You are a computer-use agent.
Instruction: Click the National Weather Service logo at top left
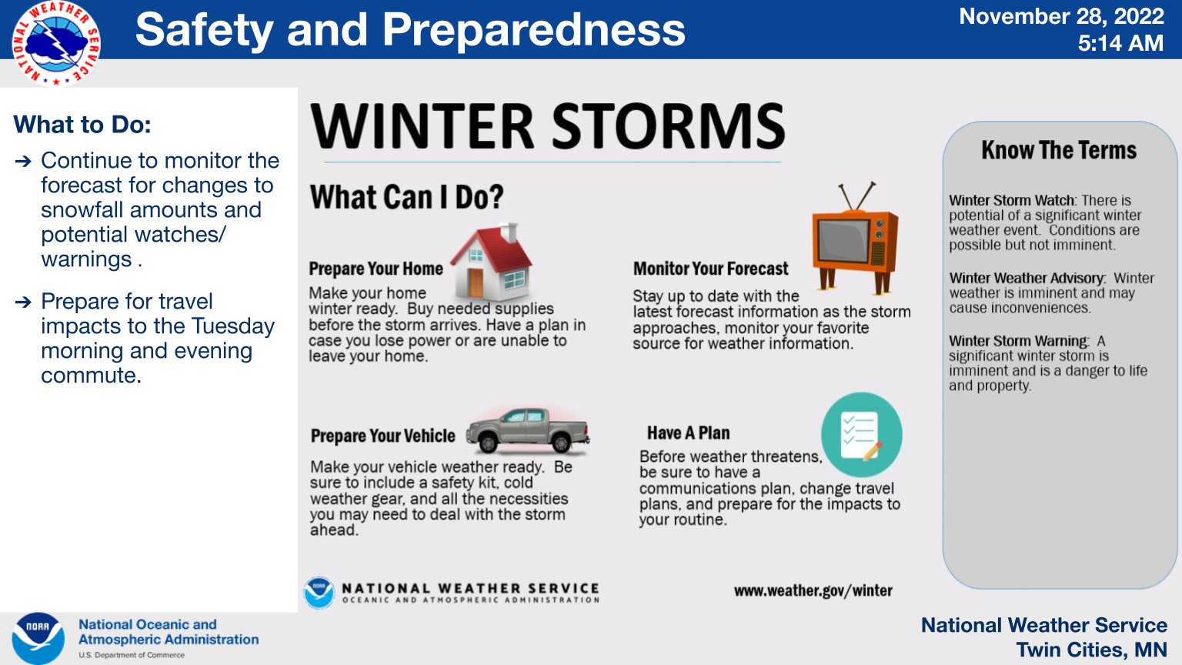click(x=55, y=43)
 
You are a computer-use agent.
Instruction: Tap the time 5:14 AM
click(x=1120, y=44)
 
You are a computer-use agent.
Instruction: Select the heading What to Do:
click(x=82, y=125)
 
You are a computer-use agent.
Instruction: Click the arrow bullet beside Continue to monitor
click(x=23, y=161)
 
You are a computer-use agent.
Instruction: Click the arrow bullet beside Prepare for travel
click(x=23, y=302)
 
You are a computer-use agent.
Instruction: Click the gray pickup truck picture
click(x=528, y=430)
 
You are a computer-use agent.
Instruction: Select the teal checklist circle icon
click(x=861, y=436)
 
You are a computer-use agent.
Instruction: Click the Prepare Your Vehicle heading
click(x=382, y=436)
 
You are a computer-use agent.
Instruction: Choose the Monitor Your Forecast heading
click(x=710, y=269)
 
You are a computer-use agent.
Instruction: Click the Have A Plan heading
click(x=688, y=433)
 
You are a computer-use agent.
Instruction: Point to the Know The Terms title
click(x=1058, y=150)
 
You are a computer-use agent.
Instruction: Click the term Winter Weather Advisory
click(x=1027, y=279)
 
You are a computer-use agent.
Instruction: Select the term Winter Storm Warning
click(x=1018, y=341)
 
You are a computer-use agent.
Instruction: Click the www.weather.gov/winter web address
click(x=813, y=591)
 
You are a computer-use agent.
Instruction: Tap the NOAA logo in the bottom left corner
click(x=38, y=638)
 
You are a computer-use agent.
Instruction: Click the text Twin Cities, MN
click(x=1091, y=650)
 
